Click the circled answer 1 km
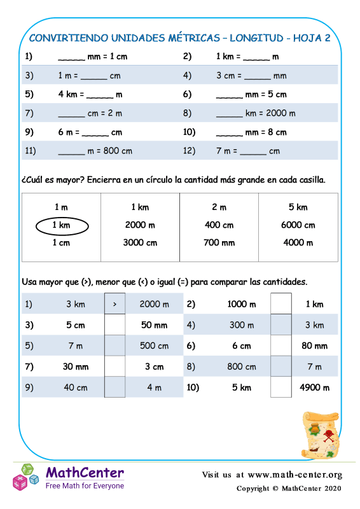click(61, 225)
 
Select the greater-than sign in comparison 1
click(114, 305)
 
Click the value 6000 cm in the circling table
click(298, 225)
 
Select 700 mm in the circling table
click(219, 242)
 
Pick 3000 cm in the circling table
click(140, 242)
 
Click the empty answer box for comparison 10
click(281, 387)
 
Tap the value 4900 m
click(314, 387)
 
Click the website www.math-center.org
click(294, 475)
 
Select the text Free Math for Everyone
click(85, 485)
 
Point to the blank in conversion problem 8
click(229, 115)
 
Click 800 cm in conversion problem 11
click(118, 151)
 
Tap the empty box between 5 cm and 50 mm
click(114, 326)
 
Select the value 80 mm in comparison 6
click(314, 346)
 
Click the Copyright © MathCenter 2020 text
click(289, 488)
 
